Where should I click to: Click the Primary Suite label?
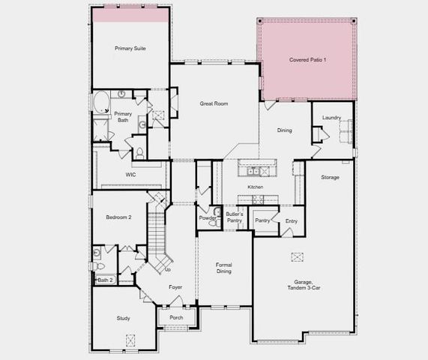[130, 48]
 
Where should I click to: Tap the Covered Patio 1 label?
[307, 59]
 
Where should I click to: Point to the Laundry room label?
[331, 118]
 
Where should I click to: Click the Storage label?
[331, 177]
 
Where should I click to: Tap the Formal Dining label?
[223, 268]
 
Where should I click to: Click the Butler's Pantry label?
[234, 217]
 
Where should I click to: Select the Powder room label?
[207, 218]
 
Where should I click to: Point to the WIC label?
[130, 175]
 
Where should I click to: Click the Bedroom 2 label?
[118, 217]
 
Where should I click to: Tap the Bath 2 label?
[106, 280]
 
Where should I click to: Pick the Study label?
[123, 318]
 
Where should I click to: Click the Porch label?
[176, 317]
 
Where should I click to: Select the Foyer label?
[175, 286]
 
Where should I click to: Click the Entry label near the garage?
[292, 220]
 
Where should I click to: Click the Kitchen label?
[256, 187]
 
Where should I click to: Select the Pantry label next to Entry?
[262, 220]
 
